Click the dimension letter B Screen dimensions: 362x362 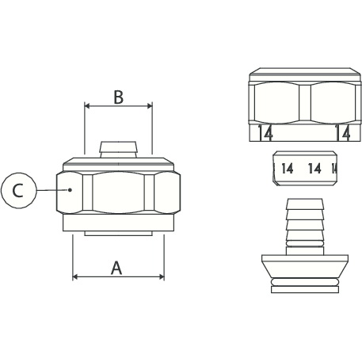point(118,97)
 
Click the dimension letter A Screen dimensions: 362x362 point(116,268)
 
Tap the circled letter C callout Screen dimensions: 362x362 point(18,190)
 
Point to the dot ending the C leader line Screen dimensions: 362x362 point(70,189)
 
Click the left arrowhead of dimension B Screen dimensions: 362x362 point(87,106)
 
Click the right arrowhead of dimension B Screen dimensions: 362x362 point(150,106)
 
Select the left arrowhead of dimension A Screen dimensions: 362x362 point(75,276)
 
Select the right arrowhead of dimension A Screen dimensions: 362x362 point(161,276)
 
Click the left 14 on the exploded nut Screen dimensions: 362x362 point(265,133)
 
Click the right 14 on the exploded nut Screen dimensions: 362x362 point(343,133)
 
